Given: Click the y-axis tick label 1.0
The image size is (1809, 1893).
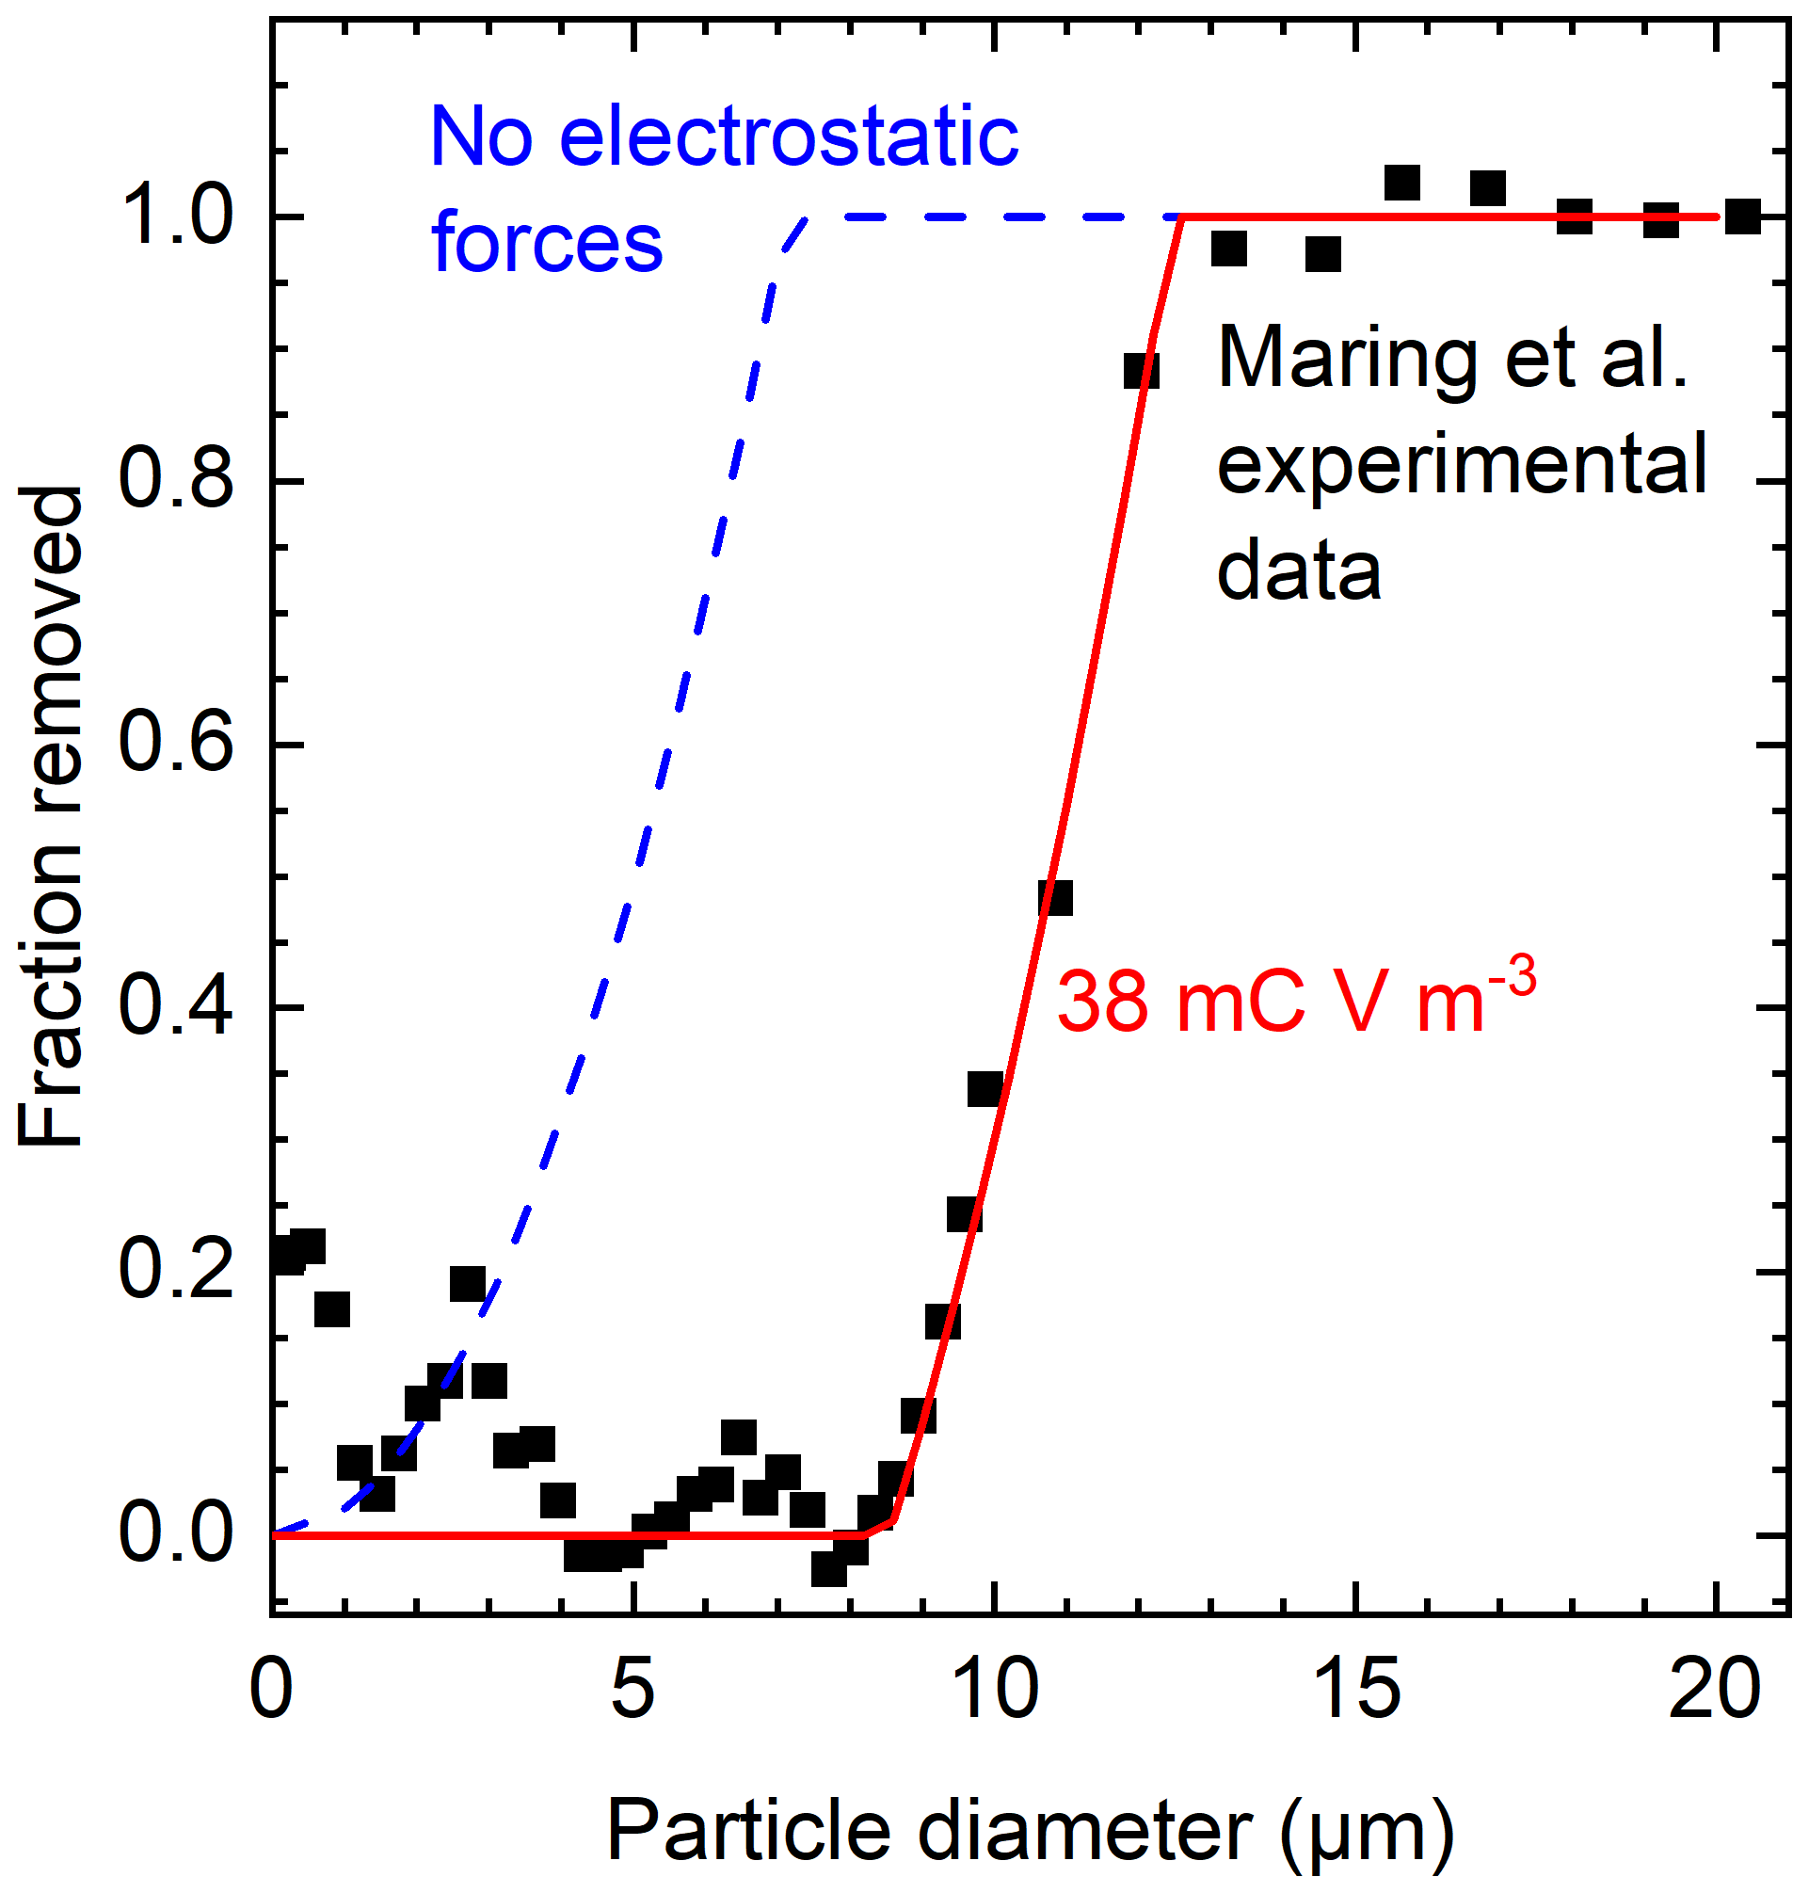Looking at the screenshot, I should tap(174, 217).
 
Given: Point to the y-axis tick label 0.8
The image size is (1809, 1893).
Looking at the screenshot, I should tap(174, 480).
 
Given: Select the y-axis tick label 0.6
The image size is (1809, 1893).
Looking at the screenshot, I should tap(174, 745).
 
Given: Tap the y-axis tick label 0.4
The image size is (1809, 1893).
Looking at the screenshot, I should tap(174, 1008).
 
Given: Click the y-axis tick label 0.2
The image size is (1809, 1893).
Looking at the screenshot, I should tap(174, 1271).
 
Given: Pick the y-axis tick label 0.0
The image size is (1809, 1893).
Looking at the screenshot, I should tap(174, 1534).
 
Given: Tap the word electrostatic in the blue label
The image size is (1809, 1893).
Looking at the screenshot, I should tap(788, 137).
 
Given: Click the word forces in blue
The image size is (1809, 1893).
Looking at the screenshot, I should tap(547, 243).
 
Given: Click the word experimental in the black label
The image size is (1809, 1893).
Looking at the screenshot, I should tap(1462, 466).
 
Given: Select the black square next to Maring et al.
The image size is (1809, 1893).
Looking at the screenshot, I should tap(1142, 370).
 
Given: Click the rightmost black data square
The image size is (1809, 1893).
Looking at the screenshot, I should tap(1742, 216).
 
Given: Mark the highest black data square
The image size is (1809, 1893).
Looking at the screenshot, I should tap(1402, 183).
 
